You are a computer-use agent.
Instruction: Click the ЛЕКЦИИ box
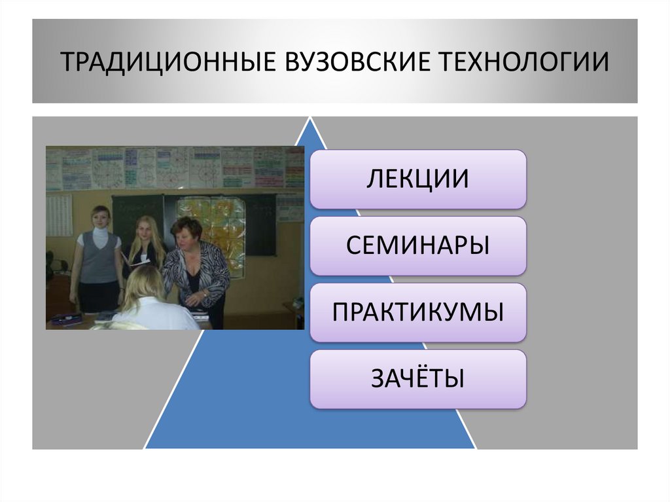click(x=417, y=179)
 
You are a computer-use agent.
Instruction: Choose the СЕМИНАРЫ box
click(x=417, y=245)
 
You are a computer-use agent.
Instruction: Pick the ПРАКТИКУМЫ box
click(x=417, y=312)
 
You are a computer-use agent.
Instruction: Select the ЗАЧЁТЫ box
click(x=417, y=379)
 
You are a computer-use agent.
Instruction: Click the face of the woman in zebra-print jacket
click(x=186, y=230)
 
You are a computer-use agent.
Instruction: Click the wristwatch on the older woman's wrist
click(x=205, y=295)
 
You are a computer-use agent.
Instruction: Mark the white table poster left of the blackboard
click(x=59, y=215)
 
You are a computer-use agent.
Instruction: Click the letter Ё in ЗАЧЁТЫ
click(x=418, y=378)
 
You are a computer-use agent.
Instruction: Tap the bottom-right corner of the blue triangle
click(x=476, y=448)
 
